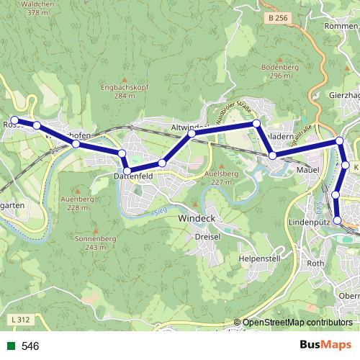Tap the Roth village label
316,264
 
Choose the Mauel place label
308,170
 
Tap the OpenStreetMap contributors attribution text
297,323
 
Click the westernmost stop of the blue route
14,120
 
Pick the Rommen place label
341,27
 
